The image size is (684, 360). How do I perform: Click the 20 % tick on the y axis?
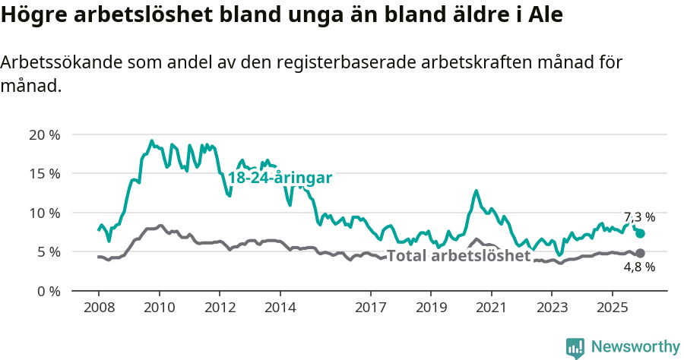[43, 135]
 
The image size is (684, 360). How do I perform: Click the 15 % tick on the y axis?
[43, 174]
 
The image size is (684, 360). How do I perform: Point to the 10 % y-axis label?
[43, 213]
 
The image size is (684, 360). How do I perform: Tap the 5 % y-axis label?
[47, 251]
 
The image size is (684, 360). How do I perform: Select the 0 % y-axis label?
[47, 291]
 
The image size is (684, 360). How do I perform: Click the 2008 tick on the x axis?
[99, 308]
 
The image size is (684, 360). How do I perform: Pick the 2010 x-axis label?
[159, 308]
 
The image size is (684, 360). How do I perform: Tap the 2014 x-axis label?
[280, 308]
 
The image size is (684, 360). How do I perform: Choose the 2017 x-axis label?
[370, 308]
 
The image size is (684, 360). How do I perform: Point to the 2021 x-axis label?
[491, 308]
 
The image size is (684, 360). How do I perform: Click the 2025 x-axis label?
[612, 308]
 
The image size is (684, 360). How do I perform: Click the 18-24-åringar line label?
[280, 178]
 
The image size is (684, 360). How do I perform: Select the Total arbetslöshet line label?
[458, 256]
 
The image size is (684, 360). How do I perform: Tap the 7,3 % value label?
[639, 217]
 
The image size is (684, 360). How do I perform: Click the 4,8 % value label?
[639, 267]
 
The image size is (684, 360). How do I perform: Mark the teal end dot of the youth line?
[640, 234]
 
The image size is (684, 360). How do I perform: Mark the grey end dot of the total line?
[640, 253]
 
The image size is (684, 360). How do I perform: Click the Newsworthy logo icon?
[575, 347]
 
